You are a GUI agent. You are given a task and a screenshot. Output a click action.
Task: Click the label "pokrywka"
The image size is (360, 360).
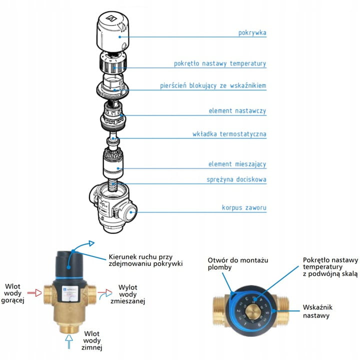[x=251, y=33]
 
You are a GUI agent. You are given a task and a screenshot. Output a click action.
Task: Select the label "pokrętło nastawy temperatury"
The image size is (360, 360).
[x=219, y=63]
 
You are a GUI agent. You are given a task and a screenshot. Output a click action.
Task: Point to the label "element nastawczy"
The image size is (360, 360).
[x=237, y=110]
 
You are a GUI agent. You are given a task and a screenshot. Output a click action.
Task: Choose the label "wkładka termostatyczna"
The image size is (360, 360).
[x=229, y=134]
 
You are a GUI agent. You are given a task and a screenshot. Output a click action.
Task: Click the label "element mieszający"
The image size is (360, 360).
[x=237, y=164]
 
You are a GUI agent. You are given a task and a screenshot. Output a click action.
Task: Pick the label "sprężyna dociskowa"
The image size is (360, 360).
[x=236, y=179]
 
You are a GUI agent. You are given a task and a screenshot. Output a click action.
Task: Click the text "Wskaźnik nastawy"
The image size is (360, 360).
[x=319, y=311]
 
